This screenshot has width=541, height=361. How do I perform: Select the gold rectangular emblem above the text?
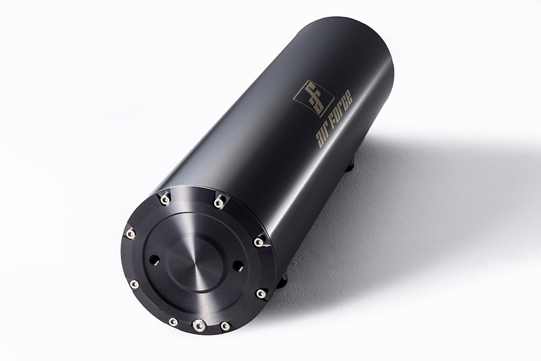tap(313, 98)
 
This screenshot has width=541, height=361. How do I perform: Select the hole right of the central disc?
tap(237, 265)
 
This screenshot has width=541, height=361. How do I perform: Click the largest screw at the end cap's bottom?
tap(199, 325)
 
